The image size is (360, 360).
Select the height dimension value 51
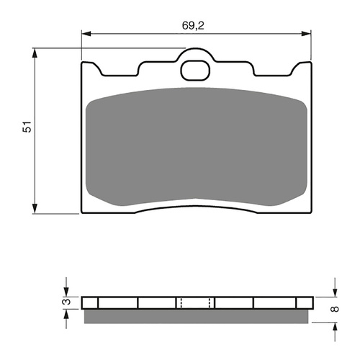[x=27, y=128]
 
